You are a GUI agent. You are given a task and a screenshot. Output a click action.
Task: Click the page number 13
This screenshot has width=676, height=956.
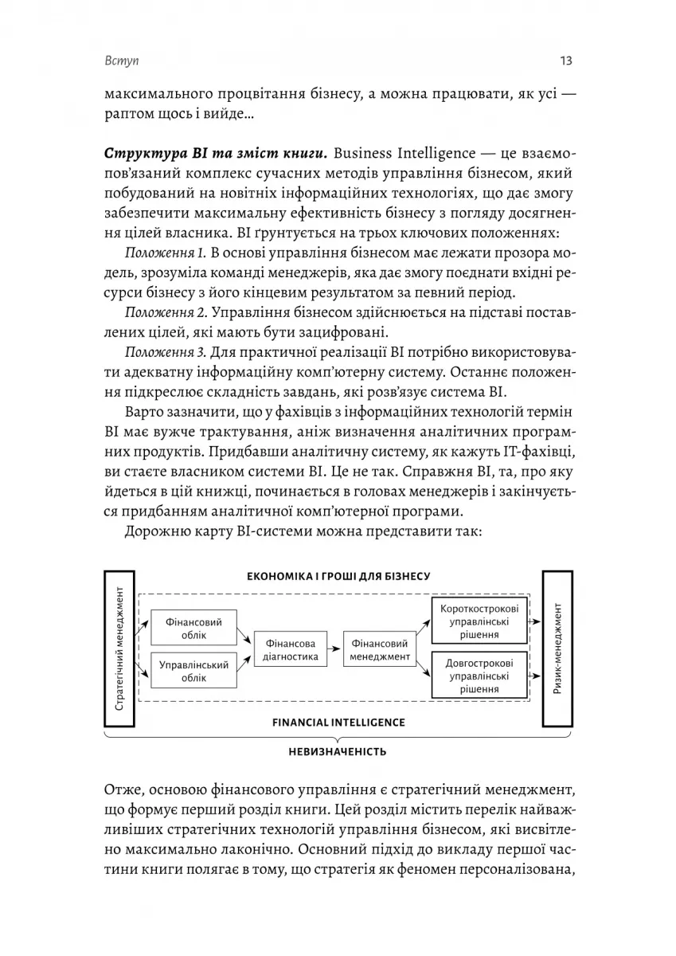pyautogui.click(x=567, y=61)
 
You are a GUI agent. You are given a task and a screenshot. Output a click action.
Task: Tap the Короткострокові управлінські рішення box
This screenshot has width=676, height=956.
pyautogui.click(x=479, y=621)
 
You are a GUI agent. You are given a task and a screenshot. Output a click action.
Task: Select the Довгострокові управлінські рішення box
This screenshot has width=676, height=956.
pyautogui.click(x=479, y=676)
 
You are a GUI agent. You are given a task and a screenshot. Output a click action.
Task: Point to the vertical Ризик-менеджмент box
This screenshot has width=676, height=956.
pyautogui.click(x=557, y=649)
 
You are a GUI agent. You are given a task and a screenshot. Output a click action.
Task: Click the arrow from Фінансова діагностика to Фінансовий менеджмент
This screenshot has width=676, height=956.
pyautogui.click(x=333, y=650)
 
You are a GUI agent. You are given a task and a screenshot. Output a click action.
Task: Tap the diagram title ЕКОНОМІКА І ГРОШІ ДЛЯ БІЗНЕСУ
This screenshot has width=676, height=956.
pyautogui.click(x=338, y=575)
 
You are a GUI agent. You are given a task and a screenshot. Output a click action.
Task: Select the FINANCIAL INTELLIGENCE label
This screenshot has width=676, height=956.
pyautogui.click(x=338, y=723)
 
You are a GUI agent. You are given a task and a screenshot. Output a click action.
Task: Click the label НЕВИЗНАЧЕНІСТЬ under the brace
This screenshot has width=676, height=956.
pyautogui.click(x=338, y=751)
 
